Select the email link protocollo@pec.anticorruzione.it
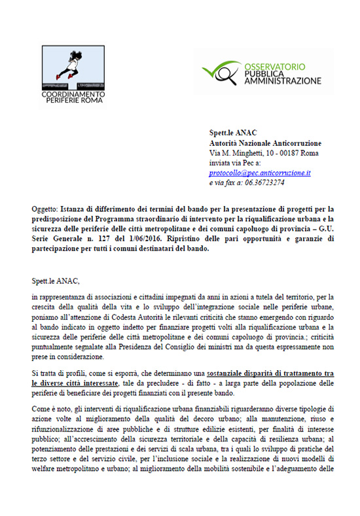tap(260, 173)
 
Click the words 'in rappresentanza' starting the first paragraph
tap(58, 298)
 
